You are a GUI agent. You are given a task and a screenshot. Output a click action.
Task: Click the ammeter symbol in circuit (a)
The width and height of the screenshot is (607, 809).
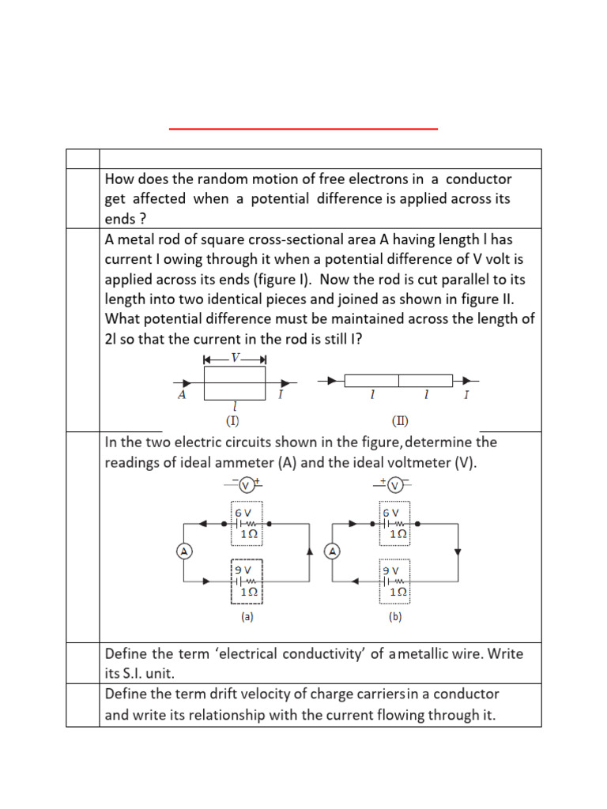pos(183,551)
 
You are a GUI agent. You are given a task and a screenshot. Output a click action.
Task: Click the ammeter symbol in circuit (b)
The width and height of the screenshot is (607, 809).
pos(333,551)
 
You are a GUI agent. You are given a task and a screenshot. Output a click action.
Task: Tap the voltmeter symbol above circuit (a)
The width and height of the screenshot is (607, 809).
pos(245,485)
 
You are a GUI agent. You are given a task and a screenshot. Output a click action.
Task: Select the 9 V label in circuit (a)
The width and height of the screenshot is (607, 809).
pos(243,570)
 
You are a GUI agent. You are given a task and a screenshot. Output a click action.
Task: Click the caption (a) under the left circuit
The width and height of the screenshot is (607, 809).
pos(247,618)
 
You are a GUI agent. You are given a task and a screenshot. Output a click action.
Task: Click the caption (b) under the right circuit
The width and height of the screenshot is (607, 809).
pos(396,618)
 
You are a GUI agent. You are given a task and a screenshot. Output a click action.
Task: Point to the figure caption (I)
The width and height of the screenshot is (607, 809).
pos(232,420)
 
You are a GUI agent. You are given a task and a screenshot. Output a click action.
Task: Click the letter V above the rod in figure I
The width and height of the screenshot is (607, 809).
pos(235,358)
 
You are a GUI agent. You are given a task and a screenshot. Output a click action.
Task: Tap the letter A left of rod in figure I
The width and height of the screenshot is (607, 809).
pos(183,395)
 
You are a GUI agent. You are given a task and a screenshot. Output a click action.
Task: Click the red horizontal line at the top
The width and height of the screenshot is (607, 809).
pos(303,128)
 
